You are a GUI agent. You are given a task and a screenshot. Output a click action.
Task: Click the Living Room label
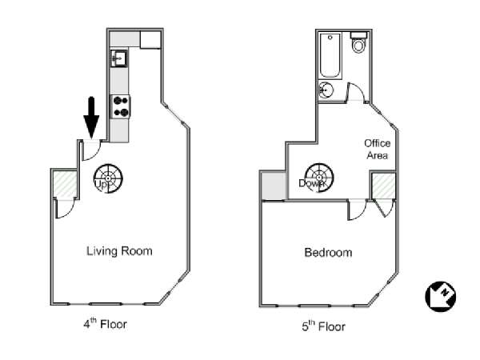point(119,251)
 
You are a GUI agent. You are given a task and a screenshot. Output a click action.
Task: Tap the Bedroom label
point(328,253)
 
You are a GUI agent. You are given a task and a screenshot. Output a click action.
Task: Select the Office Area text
point(377,149)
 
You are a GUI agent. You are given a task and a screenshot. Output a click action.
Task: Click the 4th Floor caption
point(105,323)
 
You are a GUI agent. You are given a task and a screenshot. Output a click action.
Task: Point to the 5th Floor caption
point(323,326)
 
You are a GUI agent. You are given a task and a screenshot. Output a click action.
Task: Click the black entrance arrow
point(91,118)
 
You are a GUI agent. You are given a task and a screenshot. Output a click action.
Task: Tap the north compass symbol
point(441,296)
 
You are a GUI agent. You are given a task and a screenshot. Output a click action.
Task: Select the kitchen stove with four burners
point(120,106)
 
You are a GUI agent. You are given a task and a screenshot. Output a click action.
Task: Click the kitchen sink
point(119,58)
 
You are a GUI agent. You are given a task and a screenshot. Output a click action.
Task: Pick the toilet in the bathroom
point(358,43)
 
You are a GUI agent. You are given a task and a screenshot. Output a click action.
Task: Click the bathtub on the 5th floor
point(330,56)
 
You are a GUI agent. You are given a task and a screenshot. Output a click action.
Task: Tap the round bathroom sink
point(326,90)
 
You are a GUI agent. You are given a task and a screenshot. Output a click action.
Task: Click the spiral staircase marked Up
point(108,178)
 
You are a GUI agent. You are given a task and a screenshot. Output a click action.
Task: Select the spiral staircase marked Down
point(319,178)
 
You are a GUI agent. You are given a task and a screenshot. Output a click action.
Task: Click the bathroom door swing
point(354,92)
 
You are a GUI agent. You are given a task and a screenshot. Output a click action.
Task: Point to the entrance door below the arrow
point(91,150)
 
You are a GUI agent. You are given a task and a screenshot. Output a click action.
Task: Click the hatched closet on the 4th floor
point(65,185)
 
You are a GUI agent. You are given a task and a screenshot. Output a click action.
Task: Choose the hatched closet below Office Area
point(383,186)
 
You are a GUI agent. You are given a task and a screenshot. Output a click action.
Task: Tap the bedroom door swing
point(358,210)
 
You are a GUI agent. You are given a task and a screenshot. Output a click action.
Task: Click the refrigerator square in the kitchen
point(150,39)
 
